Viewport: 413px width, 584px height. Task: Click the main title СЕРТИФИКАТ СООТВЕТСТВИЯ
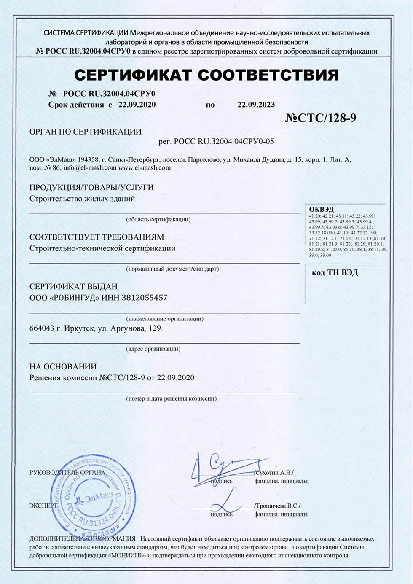point(206,75)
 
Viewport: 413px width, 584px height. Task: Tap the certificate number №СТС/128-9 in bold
point(320,118)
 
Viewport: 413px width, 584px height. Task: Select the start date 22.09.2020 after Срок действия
point(137,105)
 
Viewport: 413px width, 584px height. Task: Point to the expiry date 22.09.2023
point(256,105)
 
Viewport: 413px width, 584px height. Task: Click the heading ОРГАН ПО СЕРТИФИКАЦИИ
point(86,132)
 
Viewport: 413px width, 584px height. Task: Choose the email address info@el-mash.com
point(90,167)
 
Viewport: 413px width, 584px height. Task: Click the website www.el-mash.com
point(145,167)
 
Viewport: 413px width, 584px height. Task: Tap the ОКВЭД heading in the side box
point(321,209)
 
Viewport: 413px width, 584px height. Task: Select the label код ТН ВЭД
point(335,272)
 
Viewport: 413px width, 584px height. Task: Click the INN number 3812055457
point(145,298)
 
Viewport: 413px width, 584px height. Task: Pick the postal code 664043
point(42,328)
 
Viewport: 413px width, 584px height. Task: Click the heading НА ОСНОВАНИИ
point(63,366)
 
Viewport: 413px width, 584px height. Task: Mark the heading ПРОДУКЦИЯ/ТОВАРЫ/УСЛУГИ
point(91,187)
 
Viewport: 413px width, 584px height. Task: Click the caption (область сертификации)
point(158,219)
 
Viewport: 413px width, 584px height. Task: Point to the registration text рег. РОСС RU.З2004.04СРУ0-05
point(216,142)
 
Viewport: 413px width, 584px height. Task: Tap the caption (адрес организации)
point(153,349)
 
